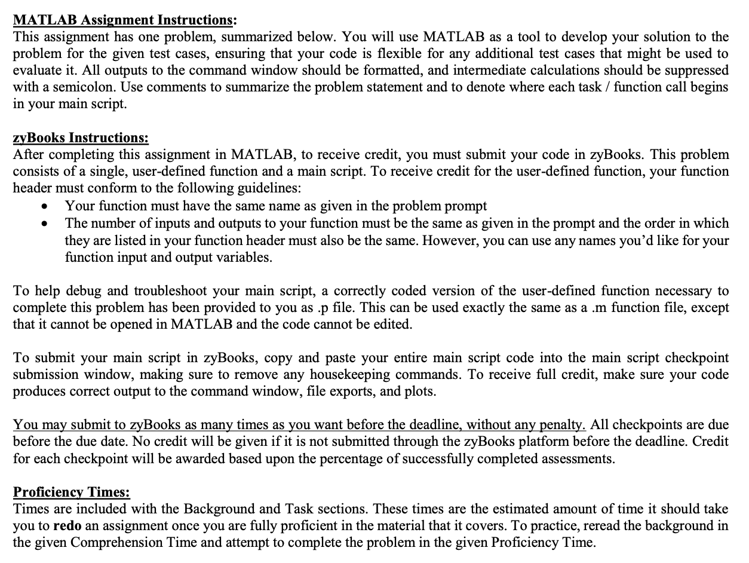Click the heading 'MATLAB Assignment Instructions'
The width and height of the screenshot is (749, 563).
122,20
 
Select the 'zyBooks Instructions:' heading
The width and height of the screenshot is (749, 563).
81,138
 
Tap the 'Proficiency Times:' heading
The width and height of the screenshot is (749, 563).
72,492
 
